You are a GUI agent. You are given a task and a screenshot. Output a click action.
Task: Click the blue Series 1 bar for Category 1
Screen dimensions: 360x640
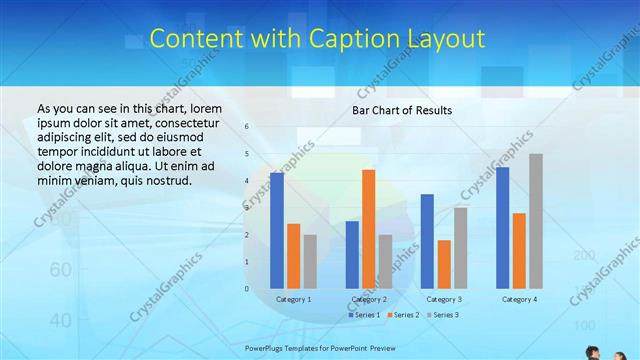pyautogui.click(x=277, y=231)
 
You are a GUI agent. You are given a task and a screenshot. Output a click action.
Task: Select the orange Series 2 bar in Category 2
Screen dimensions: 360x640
pyautogui.click(x=368, y=229)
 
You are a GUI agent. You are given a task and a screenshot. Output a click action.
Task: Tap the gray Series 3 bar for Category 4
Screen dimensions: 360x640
pyautogui.click(x=536, y=221)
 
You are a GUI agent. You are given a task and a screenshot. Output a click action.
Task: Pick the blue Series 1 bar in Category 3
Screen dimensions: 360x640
pyautogui.click(x=427, y=241)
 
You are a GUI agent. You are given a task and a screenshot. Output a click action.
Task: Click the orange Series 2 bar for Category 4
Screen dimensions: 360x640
pyautogui.click(x=519, y=250)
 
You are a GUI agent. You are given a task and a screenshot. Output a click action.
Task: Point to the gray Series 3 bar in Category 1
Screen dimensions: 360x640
pyautogui.click(x=310, y=261)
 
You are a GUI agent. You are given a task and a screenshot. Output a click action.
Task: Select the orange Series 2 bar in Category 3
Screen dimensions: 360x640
pyautogui.click(x=444, y=264)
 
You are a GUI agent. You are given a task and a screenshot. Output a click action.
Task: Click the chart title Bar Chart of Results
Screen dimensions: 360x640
pyautogui.click(x=402, y=110)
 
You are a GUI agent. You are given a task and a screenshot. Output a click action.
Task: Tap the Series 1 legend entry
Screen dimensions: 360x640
pyautogui.click(x=364, y=315)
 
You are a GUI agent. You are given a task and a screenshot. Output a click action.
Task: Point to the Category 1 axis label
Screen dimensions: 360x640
pyautogui.click(x=293, y=299)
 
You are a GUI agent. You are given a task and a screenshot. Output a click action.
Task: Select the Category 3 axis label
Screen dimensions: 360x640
pyautogui.click(x=444, y=299)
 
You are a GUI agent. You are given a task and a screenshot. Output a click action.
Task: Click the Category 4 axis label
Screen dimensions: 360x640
pyautogui.click(x=519, y=299)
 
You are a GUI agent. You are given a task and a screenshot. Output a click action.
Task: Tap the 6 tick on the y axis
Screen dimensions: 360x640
pyautogui.click(x=246, y=127)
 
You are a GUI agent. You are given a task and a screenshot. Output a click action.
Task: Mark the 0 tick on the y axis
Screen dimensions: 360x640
pyautogui.click(x=246, y=289)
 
